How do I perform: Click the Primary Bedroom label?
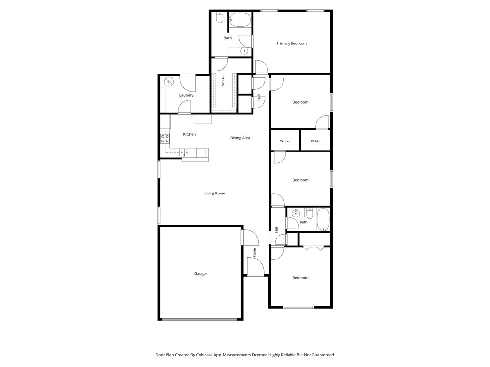291,43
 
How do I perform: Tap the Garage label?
200,274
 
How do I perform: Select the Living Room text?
215,193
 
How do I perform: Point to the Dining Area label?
240,138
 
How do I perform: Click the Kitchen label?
189,134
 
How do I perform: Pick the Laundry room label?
186,95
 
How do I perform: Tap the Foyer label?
254,252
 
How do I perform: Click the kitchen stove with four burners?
165,139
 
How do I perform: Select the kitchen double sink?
184,152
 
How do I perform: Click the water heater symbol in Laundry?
168,82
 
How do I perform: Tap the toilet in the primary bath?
219,18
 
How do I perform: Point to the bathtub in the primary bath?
240,20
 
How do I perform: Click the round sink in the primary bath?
244,51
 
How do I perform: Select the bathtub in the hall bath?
323,220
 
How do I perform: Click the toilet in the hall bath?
310,213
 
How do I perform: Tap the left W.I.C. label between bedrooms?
285,141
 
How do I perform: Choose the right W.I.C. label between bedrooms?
315,141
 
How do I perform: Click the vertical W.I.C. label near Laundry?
223,81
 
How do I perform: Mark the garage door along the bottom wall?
200,319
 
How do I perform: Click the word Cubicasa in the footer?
204,355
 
